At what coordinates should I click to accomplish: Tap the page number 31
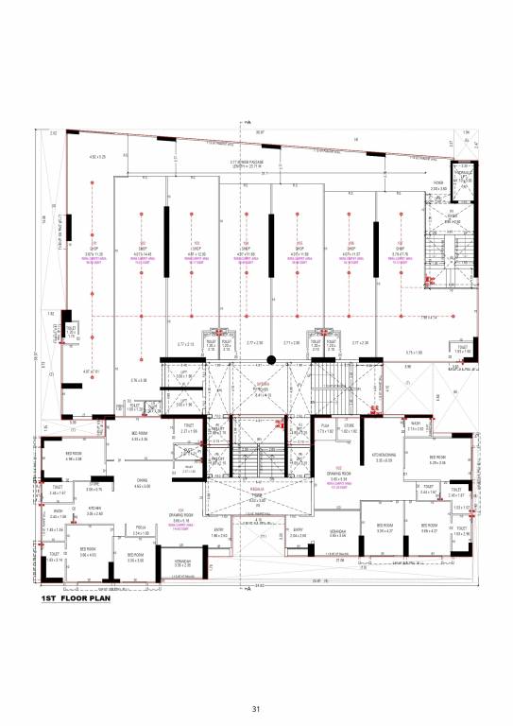256,709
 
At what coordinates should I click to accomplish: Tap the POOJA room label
140,529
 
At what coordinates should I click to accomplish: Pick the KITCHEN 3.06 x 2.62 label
94,510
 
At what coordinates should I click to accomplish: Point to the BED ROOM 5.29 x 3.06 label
436,460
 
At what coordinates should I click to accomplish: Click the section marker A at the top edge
247,123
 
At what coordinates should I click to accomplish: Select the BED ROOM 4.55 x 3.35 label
140,437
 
